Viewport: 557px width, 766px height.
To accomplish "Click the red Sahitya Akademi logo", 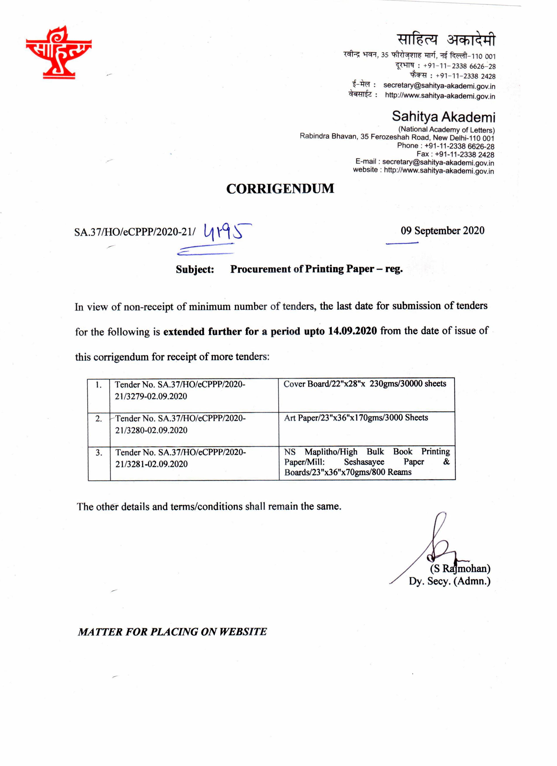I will [58, 52].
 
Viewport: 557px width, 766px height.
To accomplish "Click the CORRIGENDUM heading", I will [280, 189].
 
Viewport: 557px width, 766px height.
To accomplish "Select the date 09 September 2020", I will [442, 231].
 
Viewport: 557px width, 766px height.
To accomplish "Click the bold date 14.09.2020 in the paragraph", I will [352, 331].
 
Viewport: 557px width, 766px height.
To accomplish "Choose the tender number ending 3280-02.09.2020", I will [180, 424].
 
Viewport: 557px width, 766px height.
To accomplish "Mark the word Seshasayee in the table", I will [364, 462].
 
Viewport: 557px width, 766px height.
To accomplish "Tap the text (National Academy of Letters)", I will [446, 130].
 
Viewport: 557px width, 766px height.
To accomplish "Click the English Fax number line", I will [455, 154].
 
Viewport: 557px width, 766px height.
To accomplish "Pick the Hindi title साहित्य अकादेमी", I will [446, 40].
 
